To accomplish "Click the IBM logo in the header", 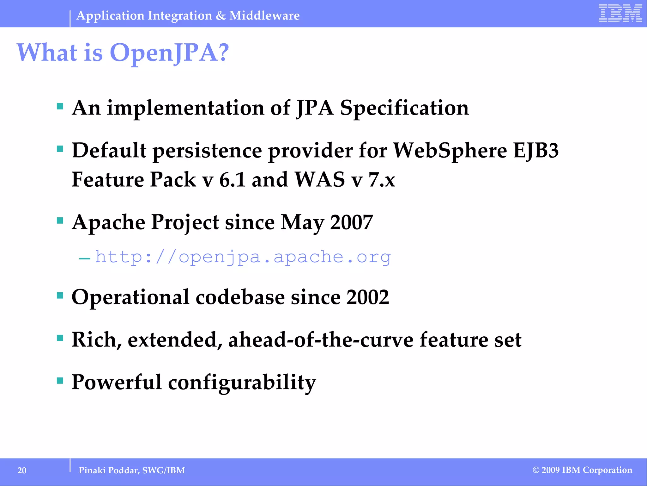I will click(620, 13).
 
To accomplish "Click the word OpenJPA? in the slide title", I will click(169, 53).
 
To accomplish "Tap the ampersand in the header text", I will click(221, 15).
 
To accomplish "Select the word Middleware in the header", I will click(264, 15).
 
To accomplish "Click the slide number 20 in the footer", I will click(22, 470).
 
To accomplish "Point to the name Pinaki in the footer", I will click(92, 470).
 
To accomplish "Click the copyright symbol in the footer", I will click(536, 470).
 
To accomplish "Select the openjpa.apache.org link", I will click(243, 257).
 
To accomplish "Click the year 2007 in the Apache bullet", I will click(351, 222).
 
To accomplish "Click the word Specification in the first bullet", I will click(404, 108).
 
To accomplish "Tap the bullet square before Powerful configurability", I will click(60, 380).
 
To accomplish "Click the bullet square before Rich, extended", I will click(60, 338).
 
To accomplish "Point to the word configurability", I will click(242, 382).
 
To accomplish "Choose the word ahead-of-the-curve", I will click(321, 340).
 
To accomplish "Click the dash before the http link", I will click(85, 259).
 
